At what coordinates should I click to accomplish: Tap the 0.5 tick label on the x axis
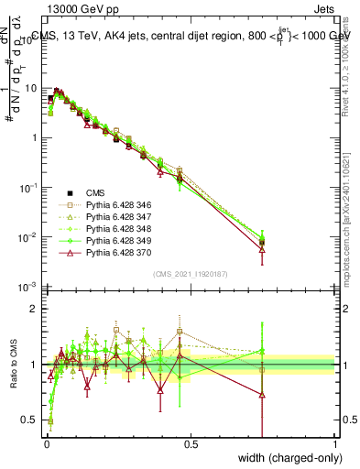tap(191, 445)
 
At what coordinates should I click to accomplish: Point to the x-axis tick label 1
tap(334, 445)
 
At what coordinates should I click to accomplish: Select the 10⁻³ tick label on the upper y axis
tap(28, 288)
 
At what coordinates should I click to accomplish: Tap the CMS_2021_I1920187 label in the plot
tap(190, 273)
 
